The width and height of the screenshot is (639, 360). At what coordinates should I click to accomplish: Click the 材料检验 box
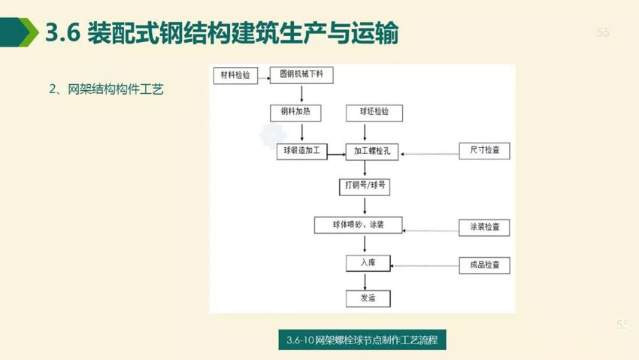(x=235, y=75)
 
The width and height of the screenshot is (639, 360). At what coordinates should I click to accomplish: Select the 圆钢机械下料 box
(x=301, y=74)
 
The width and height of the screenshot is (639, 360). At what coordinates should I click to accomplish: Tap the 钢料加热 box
(x=295, y=113)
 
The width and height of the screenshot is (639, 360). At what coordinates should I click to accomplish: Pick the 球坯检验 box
(x=374, y=113)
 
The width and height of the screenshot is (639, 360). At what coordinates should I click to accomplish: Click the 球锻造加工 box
(x=302, y=151)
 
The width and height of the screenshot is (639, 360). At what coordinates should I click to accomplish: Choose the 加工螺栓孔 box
(x=372, y=152)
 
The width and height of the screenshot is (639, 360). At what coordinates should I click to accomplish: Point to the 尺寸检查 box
(x=485, y=150)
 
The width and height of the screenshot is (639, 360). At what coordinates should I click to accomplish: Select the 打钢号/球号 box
(x=365, y=186)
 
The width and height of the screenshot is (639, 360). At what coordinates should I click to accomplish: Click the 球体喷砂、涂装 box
(x=358, y=225)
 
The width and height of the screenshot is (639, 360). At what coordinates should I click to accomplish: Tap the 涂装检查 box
(x=484, y=228)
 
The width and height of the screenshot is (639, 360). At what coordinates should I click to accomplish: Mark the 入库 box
(x=368, y=263)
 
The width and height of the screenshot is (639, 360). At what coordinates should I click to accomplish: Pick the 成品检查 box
(x=485, y=265)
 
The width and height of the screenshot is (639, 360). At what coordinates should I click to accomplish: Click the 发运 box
(x=368, y=298)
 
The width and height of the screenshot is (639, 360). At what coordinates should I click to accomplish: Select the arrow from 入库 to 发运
(x=365, y=281)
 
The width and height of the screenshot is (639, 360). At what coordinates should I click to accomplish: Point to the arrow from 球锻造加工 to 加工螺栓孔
(x=337, y=154)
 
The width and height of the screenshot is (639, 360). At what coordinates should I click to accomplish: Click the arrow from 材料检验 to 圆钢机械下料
(x=264, y=78)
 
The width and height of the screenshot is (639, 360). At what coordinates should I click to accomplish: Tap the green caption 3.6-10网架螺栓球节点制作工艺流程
(x=362, y=340)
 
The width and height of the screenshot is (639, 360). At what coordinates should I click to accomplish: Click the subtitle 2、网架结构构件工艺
(x=106, y=89)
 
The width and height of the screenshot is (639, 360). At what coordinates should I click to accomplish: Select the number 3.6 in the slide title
(x=62, y=32)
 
